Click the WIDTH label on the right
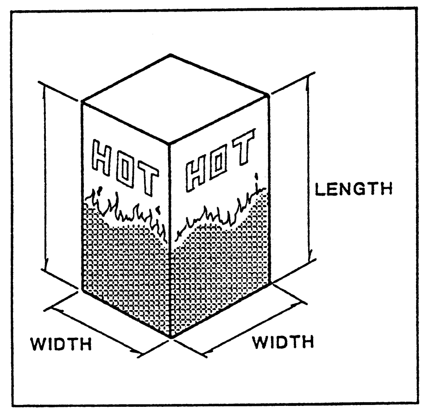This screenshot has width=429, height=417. click(283, 343)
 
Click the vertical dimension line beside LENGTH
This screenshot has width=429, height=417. click(309, 167)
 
